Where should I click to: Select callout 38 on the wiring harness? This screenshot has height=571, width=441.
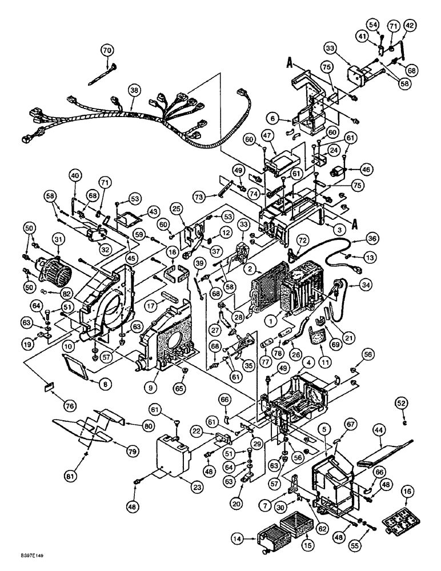coord(133,90)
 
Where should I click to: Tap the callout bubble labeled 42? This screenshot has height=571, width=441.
coord(410,25)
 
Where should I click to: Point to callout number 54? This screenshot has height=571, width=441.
coord(373,25)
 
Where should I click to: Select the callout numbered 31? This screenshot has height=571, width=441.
coord(58,239)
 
